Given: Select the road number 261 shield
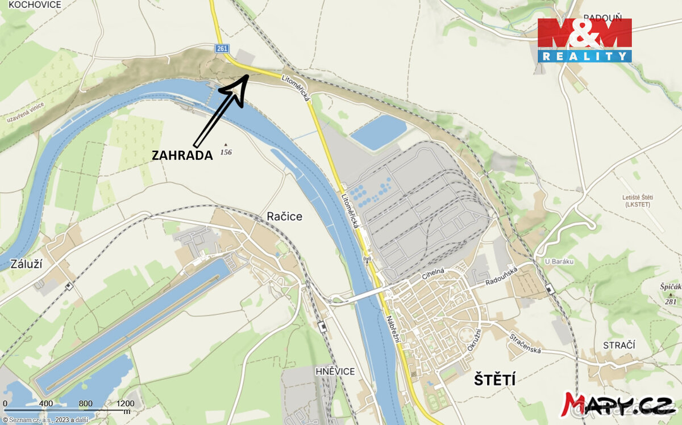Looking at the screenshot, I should tap(222, 49).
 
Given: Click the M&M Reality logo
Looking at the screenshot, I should tap(585, 40).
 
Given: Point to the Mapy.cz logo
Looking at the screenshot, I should tap(619, 403).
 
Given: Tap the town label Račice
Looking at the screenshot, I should tap(285, 216).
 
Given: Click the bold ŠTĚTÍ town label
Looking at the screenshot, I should tap(494, 380).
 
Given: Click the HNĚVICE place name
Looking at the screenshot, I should tap(335, 372).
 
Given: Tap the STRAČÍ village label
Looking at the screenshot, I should tap(619, 346).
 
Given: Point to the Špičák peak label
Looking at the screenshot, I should tap(670, 287).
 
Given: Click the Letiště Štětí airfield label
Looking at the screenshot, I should tap(637, 200).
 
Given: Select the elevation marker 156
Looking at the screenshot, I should tap(226, 152).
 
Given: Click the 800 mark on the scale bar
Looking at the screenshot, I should tap(85, 404).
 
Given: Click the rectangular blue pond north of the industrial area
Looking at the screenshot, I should tap(378, 132).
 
